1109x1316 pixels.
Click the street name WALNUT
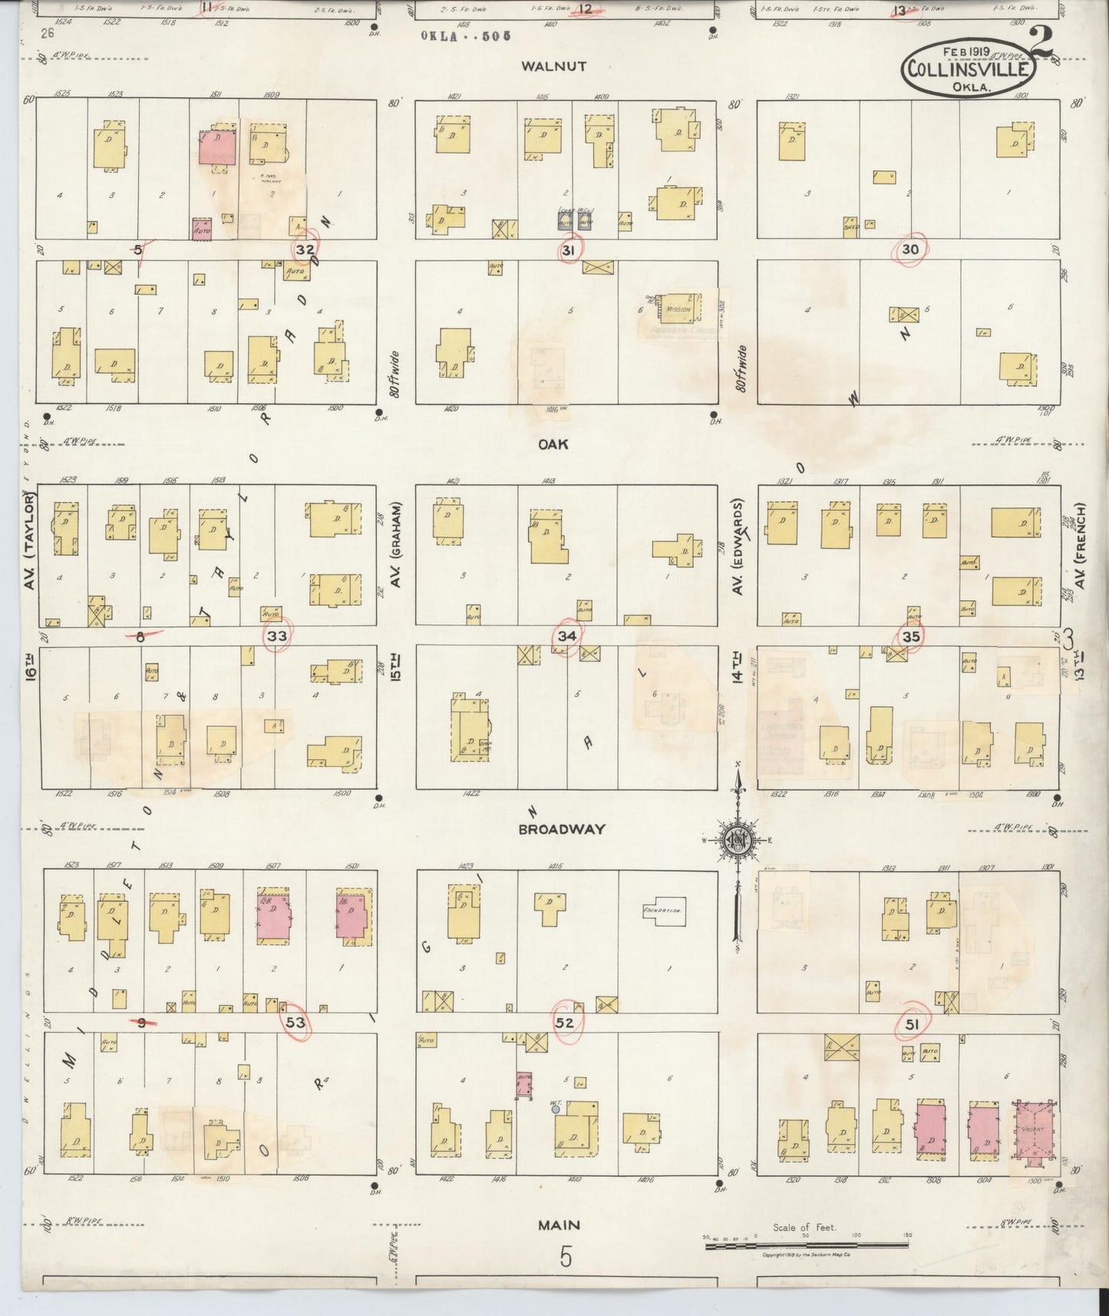[553, 66]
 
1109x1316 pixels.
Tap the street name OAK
[553, 444]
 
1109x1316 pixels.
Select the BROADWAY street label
[562, 829]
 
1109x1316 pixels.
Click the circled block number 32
[305, 249]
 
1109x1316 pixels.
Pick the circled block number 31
[569, 249]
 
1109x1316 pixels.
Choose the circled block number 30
[910, 249]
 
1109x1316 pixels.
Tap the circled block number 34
[567, 636]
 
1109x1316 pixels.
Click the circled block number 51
[912, 1023]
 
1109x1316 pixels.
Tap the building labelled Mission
[678, 309]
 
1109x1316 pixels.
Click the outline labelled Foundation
[664, 911]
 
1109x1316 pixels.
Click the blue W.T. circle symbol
[555, 1109]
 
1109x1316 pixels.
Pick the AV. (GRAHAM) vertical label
[397, 545]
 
